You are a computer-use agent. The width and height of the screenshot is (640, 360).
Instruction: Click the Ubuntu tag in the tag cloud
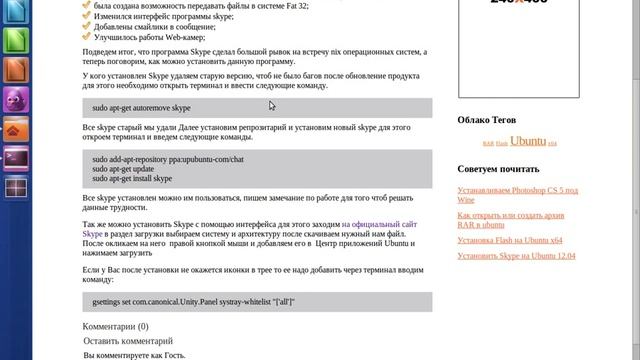tap(528, 141)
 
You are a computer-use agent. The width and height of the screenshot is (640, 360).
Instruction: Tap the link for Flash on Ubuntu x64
tap(510, 240)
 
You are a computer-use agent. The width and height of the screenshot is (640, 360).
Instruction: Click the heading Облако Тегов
tap(488, 120)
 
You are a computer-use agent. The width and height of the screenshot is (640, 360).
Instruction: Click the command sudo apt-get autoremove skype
tap(141, 108)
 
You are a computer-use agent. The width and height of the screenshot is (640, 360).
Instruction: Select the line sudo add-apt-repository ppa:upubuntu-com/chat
tap(168, 159)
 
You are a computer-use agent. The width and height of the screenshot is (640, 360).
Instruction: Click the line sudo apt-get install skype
tap(132, 179)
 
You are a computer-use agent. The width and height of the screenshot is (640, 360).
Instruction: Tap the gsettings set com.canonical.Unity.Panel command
tap(194, 302)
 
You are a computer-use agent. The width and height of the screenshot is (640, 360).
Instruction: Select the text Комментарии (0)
tap(115, 326)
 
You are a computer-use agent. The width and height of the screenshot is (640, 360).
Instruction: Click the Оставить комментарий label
tap(128, 342)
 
